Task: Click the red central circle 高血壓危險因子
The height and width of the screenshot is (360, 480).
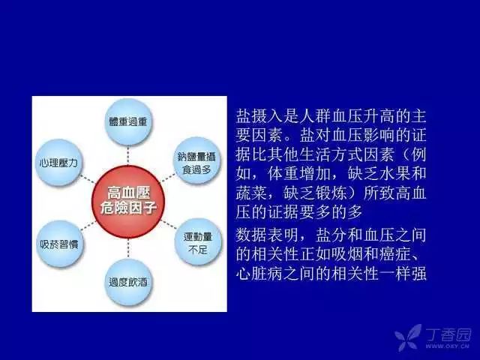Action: [128, 202]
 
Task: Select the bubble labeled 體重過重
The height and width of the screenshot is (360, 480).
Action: [128, 121]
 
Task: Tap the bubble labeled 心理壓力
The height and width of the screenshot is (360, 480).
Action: [59, 163]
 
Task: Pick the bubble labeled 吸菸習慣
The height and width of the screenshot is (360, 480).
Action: [60, 244]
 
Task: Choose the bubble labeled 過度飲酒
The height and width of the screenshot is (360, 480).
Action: [128, 282]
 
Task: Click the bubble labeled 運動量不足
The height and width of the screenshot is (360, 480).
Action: [198, 241]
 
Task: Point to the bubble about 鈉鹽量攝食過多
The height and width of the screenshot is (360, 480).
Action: [197, 161]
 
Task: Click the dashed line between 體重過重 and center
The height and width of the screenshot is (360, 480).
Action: [128, 155]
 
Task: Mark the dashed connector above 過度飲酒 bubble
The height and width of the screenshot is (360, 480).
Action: [128, 248]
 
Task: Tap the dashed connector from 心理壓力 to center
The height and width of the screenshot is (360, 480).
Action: [88, 179]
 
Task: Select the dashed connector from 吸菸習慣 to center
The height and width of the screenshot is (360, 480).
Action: [88, 225]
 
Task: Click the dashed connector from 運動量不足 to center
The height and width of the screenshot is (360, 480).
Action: [169, 224]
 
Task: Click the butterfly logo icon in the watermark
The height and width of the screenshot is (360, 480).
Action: [408, 337]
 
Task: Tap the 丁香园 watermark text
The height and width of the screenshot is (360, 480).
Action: [448, 334]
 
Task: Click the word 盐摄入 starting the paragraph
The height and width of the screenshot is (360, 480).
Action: [259, 116]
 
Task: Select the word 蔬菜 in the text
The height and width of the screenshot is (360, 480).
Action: [251, 193]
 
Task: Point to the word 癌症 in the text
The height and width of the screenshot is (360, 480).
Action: [394, 253]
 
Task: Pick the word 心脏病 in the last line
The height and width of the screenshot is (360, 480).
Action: [259, 273]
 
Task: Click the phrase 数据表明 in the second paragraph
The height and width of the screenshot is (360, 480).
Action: [267, 235]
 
